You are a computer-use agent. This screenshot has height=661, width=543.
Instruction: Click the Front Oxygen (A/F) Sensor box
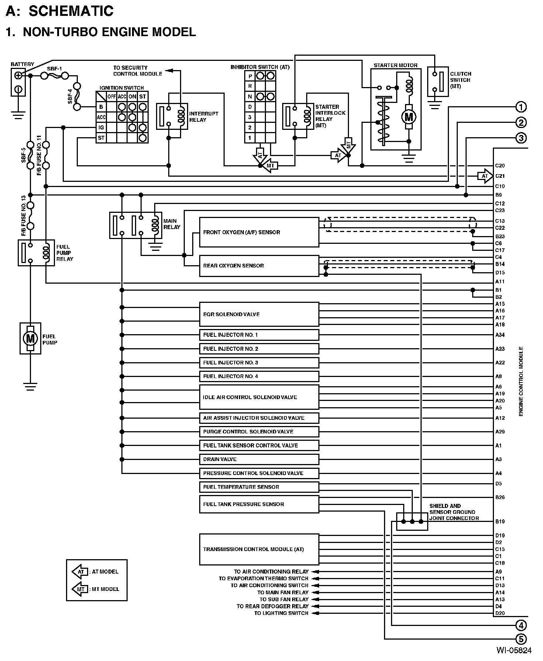pos(259,232)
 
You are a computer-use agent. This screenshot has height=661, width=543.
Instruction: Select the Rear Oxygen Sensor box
pos(259,266)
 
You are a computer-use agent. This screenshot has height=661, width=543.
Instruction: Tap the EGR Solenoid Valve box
pos(259,314)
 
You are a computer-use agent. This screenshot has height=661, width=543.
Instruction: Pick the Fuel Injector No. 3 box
pos(259,363)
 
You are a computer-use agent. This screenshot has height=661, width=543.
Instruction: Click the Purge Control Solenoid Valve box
pos(259,432)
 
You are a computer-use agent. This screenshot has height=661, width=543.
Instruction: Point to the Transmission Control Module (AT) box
pos(259,549)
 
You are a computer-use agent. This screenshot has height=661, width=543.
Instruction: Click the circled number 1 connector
pos(521,107)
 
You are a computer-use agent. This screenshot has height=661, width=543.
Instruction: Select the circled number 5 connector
pos(521,639)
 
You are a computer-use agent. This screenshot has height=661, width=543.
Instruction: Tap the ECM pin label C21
pos(500,176)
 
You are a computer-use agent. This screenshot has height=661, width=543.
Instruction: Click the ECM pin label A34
pos(500,335)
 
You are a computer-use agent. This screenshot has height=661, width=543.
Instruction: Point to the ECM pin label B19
pos(500,522)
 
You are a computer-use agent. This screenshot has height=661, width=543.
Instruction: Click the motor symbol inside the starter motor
pos(409,117)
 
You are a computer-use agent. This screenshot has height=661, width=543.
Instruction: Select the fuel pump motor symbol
pos(30,338)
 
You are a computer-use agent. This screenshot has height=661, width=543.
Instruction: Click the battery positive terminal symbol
pos(18,76)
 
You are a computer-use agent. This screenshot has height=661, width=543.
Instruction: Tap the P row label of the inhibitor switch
pos(250,76)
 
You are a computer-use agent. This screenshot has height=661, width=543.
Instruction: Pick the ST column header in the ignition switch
pos(143,97)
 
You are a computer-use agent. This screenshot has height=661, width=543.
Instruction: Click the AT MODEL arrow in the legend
pos(80,572)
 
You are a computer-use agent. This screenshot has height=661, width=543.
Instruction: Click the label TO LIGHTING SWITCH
pos(281,613)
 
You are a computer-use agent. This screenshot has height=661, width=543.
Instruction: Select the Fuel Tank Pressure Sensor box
pos(259,504)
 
